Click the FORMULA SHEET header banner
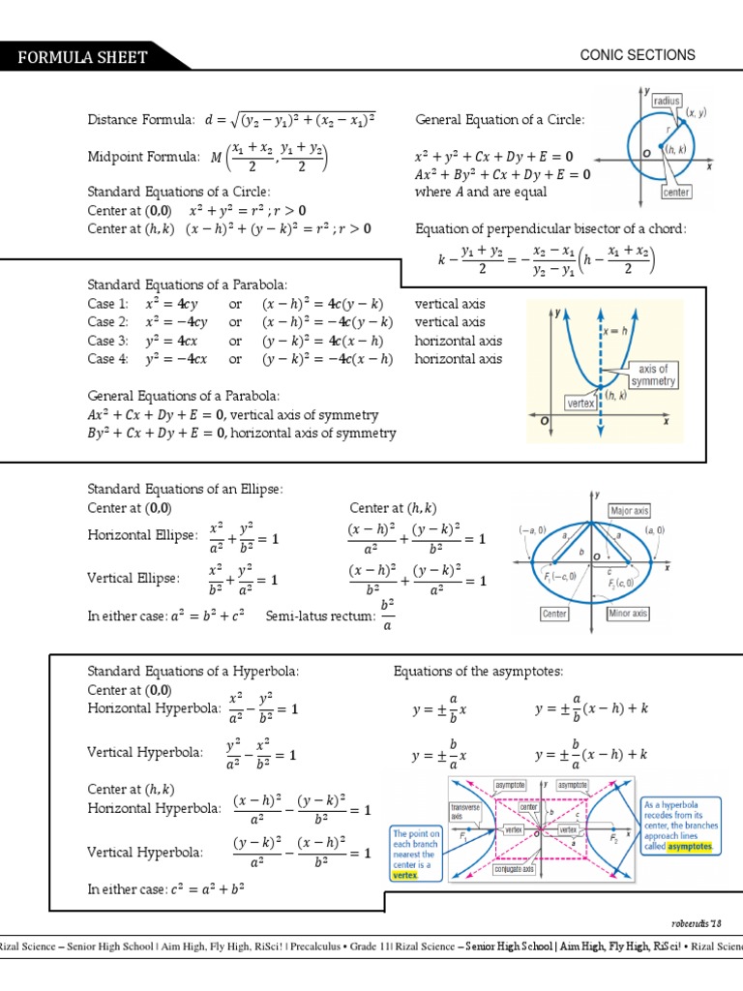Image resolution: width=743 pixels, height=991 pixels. click(x=82, y=57)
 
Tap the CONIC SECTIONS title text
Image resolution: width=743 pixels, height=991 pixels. click(x=637, y=55)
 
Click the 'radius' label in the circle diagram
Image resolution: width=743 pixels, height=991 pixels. click(x=667, y=100)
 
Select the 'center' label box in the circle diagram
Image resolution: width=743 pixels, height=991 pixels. click(x=675, y=193)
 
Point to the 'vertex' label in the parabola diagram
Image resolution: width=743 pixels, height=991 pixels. click(x=580, y=401)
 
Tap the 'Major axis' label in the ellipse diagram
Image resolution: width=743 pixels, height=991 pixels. click(x=629, y=510)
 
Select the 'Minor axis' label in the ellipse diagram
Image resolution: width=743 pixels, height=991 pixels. click(x=628, y=614)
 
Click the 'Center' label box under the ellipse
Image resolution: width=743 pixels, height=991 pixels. click(x=554, y=614)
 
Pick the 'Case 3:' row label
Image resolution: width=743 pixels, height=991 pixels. click(x=107, y=341)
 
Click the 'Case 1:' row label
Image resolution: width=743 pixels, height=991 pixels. click(x=107, y=304)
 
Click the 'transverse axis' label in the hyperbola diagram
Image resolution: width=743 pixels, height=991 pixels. click(x=466, y=811)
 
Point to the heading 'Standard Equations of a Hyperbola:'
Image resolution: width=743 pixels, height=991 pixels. click(x=193, y=672)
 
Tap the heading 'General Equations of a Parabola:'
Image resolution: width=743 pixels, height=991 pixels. click(x=184, y=396)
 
